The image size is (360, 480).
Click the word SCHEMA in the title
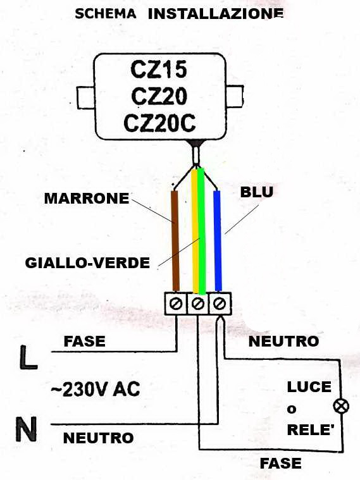(x=106, y=14)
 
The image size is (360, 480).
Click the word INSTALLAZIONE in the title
(x=216, y=14)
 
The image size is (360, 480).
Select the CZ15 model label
(x=159, y=69)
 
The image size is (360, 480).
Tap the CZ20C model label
(x=159, y=123)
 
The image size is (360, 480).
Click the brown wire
(x=175, y=240)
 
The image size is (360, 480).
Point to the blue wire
(x=217, y=240)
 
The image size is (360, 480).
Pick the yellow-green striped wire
(x=198, y=231)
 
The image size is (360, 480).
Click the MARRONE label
(x=87, y=199)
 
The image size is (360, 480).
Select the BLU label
(x=257, y=192)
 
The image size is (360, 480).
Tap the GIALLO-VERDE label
(x=87, y=263)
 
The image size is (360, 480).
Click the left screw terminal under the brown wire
(x=177, y=304)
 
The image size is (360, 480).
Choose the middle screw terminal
(x=198, y=304)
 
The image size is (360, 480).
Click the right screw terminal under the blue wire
(x=220, y=304)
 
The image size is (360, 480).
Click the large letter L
(x=28, y=357)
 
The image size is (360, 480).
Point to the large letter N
(x=27, y=429)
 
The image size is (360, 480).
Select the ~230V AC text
(x=96, y=390)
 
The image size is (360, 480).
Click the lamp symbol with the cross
(x=341, y=407)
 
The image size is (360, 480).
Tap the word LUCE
(x=309, y=387)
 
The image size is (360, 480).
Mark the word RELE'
(x=310, y=430)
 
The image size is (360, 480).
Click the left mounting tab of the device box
(x=86, y=98)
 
